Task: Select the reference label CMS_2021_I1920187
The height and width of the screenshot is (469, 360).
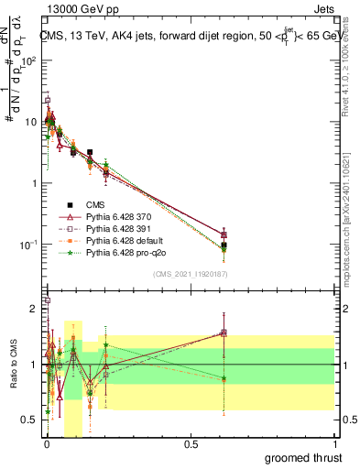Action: [191, 274]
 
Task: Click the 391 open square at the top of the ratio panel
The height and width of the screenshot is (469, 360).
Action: [48, 300]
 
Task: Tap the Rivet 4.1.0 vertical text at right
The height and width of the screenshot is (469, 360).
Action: [351, 64]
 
